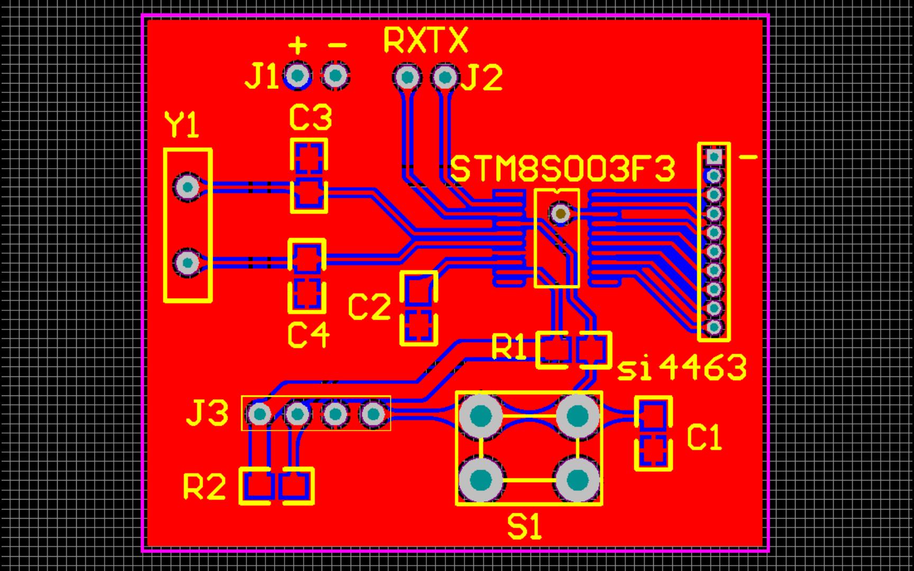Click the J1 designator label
261,78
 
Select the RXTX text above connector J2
425,41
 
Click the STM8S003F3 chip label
564,170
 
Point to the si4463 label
682,367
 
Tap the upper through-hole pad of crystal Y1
187,186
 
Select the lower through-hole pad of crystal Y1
187,262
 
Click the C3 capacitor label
310,118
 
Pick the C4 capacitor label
309,335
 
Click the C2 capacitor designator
369,307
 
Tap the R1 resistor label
509,347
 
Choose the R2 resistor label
205,486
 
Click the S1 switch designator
525,527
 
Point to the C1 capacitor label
705,438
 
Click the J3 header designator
207,413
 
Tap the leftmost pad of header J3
260,414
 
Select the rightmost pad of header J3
374,414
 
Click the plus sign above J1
298,45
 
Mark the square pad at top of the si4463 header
714,156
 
